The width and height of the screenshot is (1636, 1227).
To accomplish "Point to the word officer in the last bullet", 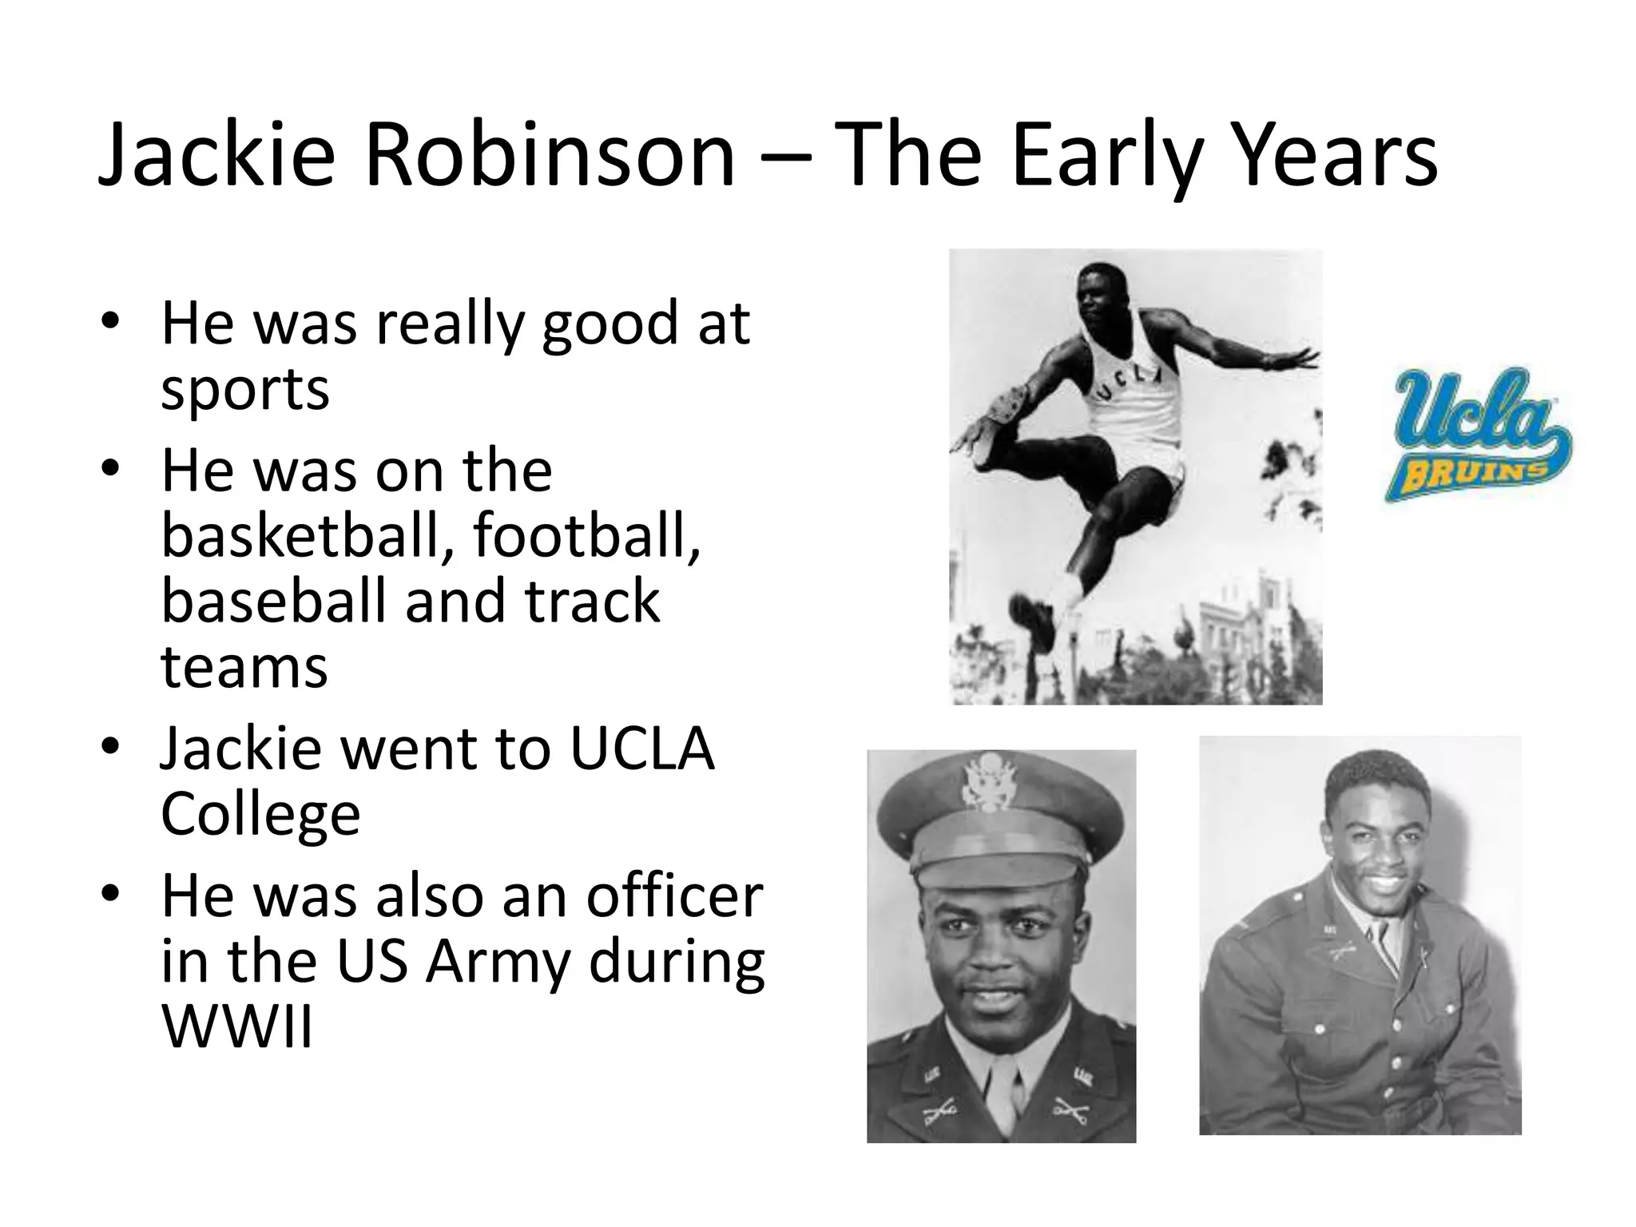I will [x=674, y=895].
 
